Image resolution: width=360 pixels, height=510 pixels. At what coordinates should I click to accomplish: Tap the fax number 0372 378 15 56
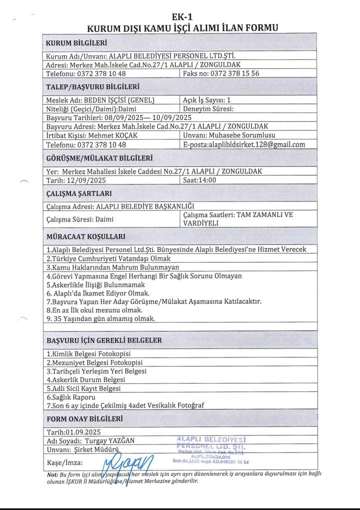point(234,73)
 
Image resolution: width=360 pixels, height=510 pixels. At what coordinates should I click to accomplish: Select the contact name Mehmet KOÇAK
point(114,135)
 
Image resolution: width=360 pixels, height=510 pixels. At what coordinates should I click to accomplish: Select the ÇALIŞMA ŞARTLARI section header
point(79,193)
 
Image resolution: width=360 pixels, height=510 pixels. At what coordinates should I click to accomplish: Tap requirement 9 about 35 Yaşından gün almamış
point(100,318)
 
